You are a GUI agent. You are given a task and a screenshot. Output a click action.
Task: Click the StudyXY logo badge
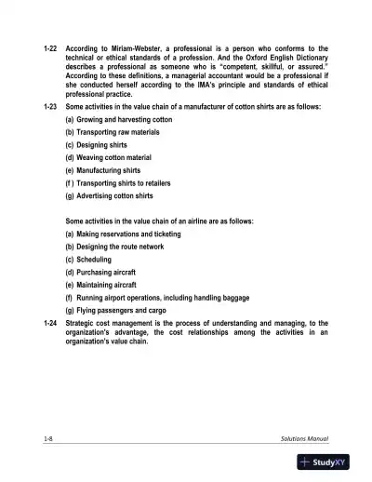(x=331, y=462)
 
